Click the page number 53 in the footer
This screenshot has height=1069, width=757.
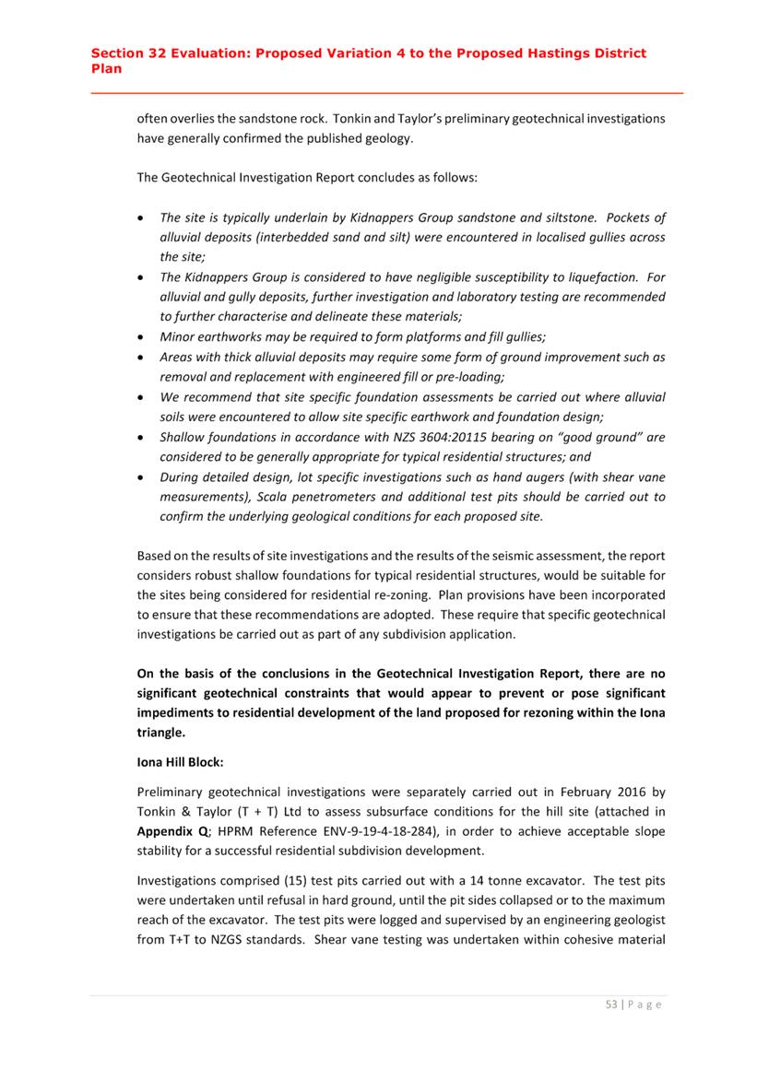point(610,1005)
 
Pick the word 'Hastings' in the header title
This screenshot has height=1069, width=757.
point(550,53)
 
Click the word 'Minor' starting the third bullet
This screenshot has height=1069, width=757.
point(179,337)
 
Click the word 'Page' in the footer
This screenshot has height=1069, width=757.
point(645,1005)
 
